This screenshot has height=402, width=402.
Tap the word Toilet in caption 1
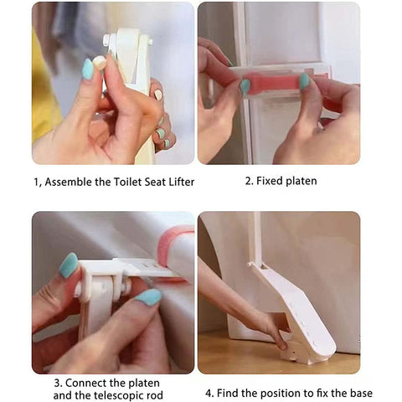pos(124,182)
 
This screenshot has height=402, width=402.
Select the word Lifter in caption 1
pos(179,182)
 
